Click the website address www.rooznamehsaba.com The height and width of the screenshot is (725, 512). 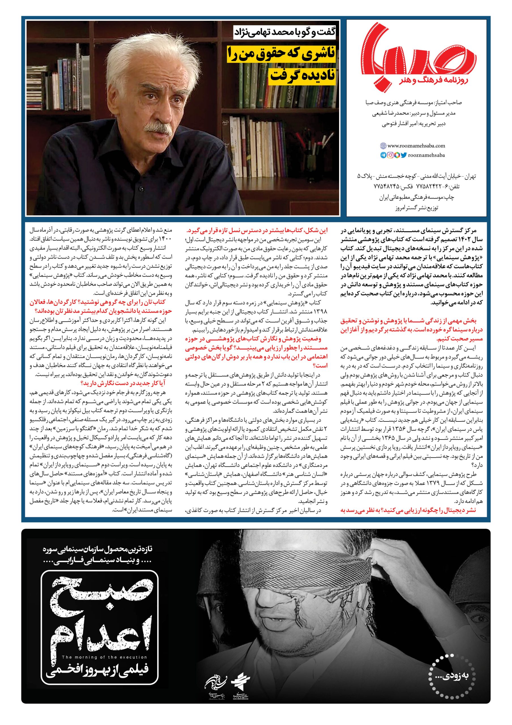(416, 146)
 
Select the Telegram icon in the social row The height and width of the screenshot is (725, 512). (383, 155)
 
